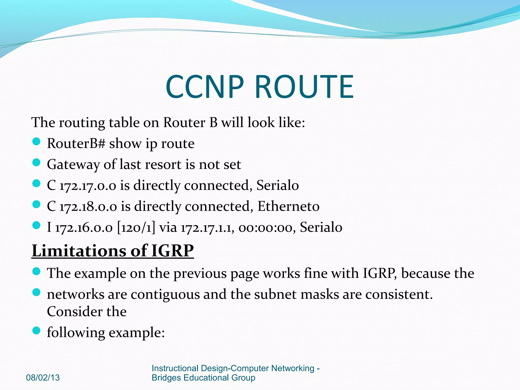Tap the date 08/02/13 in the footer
point(43,378)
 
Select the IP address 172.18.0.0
point(88,206)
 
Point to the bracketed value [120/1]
point(136,227)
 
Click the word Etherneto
point(288,206)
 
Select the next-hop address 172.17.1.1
point(207,227)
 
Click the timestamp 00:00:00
point(267,227)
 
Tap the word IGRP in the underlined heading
point(172,251)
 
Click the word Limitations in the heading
point(79,251)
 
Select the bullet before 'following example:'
point(37,331)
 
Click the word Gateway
point(73,165)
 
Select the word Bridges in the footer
point(166,378)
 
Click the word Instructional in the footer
point(175,368)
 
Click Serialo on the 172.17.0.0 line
point(278,185)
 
